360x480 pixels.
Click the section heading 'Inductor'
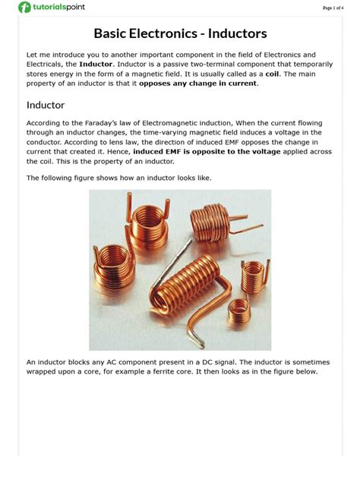[46, 105]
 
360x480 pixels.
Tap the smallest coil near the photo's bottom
[238, 308]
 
